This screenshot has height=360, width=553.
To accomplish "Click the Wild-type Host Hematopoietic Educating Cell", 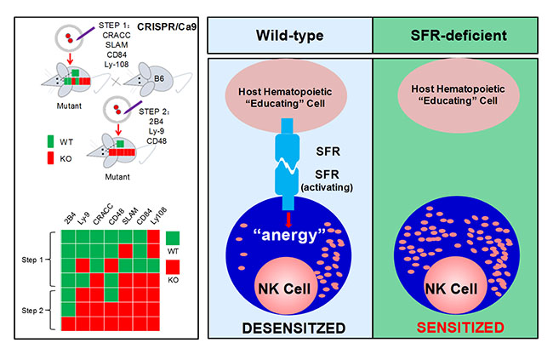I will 289,95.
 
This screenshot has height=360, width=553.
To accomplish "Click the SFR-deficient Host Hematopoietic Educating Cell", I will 458,95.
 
